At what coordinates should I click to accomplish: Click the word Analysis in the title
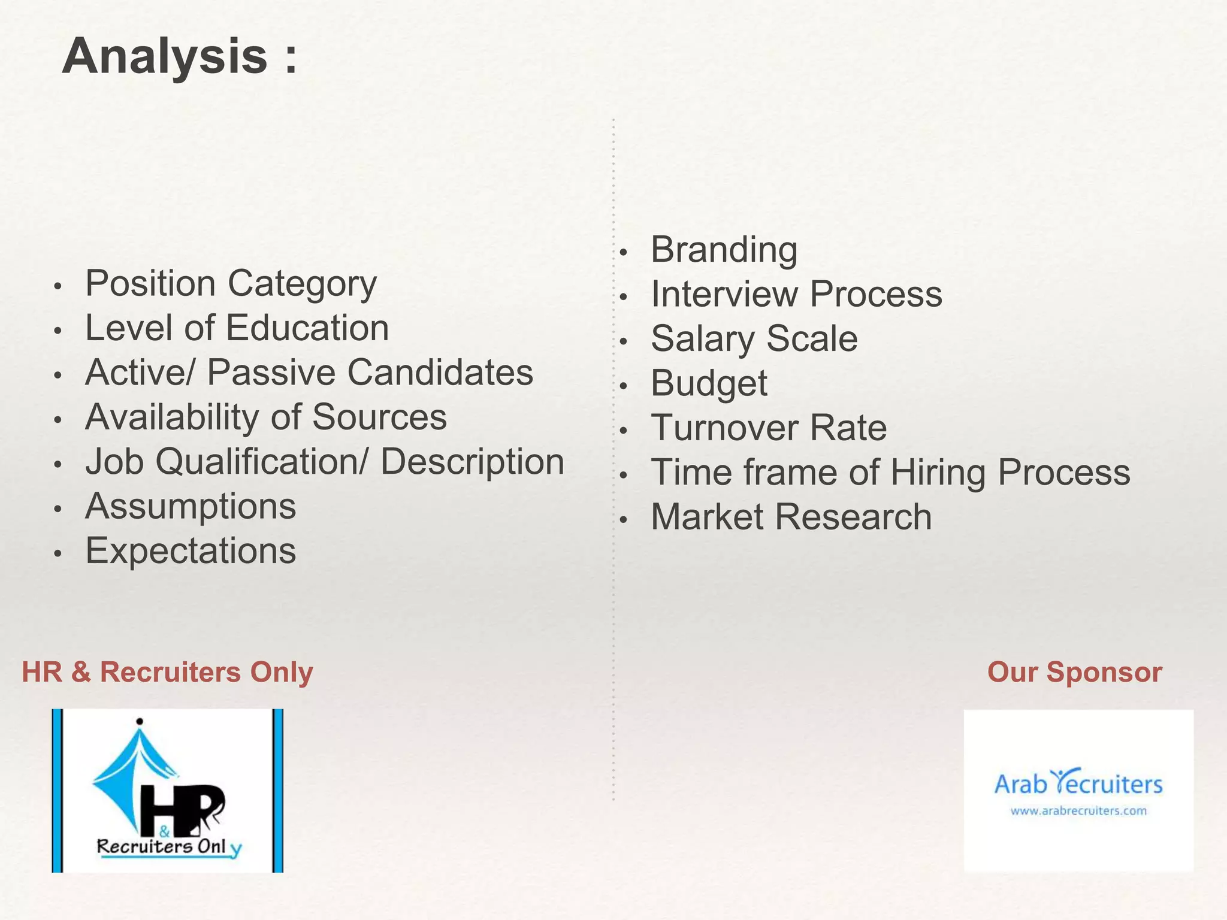[165, 57]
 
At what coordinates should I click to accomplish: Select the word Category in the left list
[303, 284]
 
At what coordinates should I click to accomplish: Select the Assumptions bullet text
[191, 507]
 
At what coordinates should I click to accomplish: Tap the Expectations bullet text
[191, 551]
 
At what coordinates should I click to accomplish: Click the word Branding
[724, 250]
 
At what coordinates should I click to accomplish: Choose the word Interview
[724, 294]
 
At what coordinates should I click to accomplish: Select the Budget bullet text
[709, 383]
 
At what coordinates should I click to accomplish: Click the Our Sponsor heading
[1074, 672]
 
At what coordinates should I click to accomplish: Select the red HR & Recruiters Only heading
[167, 672]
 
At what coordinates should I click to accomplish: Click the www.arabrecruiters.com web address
[1078, 811]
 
